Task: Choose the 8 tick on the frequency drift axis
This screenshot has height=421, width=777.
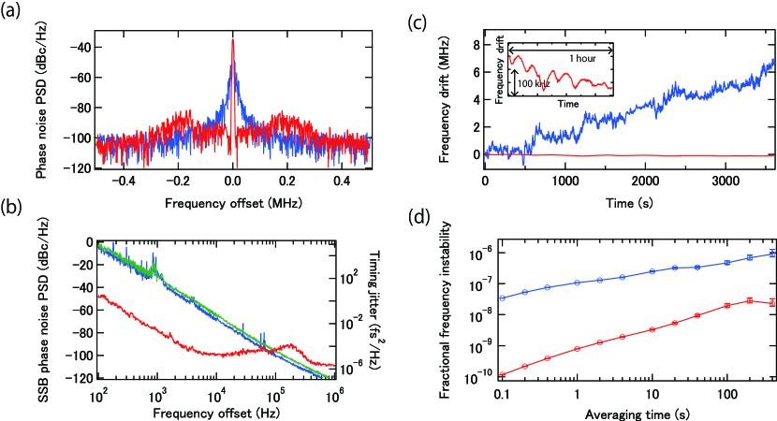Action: pyautogui.click(x=475, y=45)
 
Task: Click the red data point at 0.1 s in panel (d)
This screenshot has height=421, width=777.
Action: pyautogui.click(x=503, y=375)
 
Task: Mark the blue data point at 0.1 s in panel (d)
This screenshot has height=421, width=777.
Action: pyautogui.click(x=503, y=298)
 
